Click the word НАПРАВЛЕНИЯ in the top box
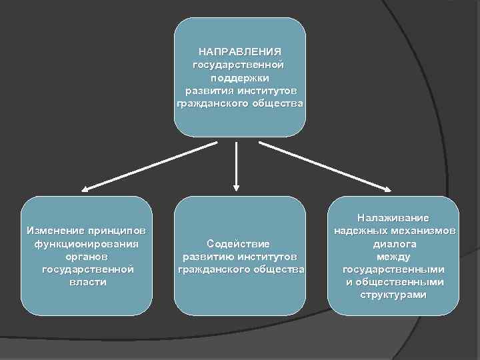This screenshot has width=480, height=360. click(240, 51)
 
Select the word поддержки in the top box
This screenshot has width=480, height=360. click(240, 78)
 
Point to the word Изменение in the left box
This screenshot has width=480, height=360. click(53, 231)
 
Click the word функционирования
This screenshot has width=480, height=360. click(87, 243)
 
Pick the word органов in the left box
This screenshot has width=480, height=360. click(87, 256)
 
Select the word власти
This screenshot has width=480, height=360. click(87, 282)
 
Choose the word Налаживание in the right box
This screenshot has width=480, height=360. click(393, 218)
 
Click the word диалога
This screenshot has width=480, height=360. click(393, 243)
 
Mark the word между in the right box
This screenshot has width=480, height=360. click(393, 256)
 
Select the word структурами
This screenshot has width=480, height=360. click(393, 295)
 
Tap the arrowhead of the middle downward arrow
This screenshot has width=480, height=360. click(237, 188)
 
